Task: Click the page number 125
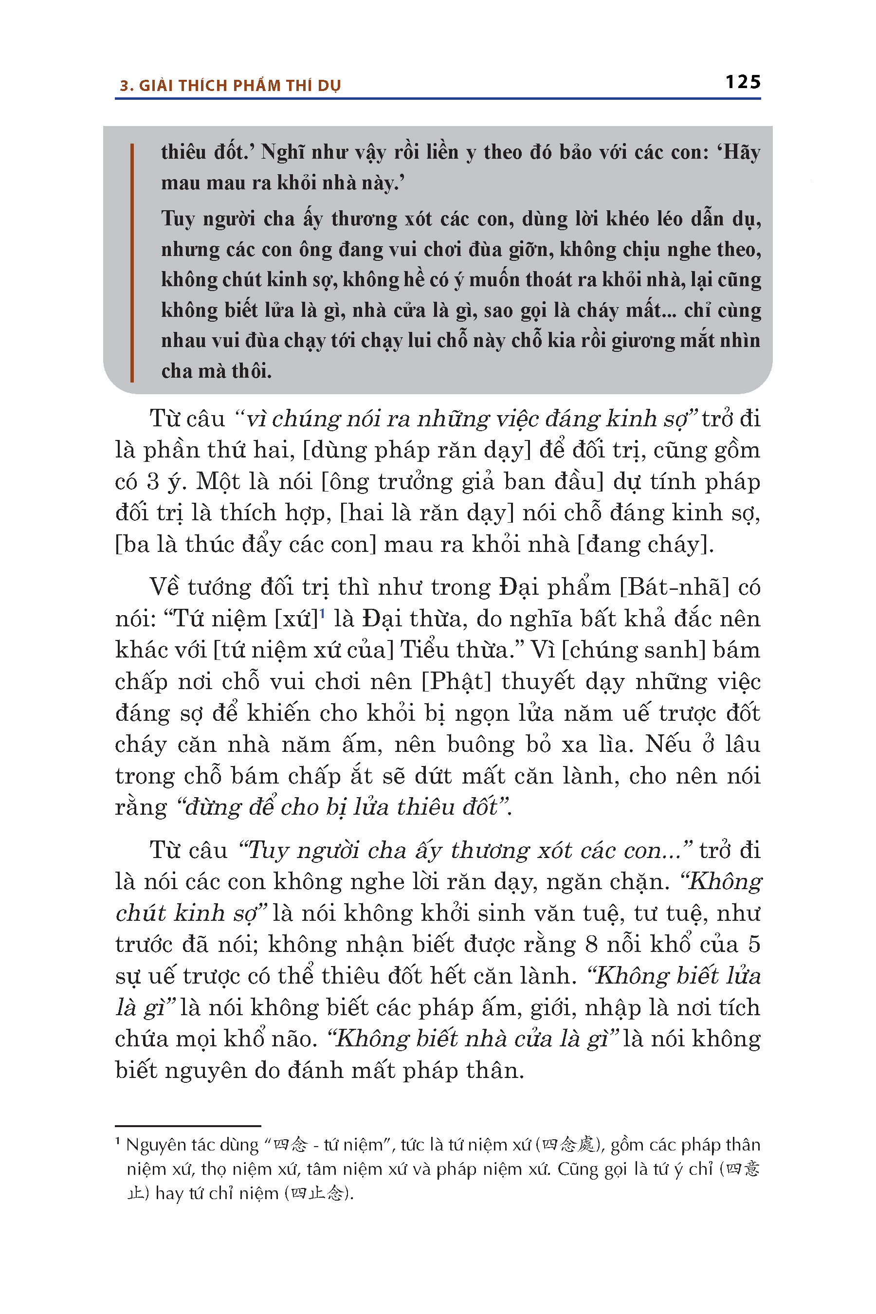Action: tap(743, 82)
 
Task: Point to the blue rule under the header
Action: tap(438, 99)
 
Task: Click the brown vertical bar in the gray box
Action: tap(132, 263)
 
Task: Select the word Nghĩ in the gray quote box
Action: tap(283, 152)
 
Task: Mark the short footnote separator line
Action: tap(188, 1126)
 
